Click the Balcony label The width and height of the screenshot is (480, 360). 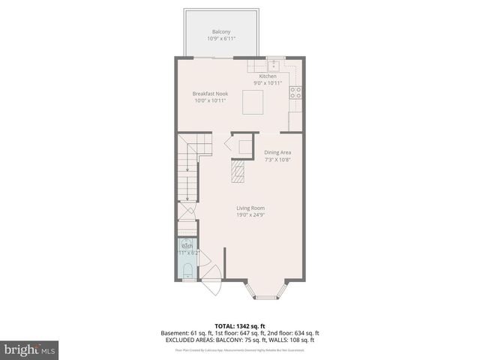[x=220, y=31]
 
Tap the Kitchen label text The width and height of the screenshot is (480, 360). [x=268, y=76]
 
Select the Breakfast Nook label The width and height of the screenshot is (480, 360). [x=211, y=92]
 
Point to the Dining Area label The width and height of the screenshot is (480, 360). [x=277, y=152]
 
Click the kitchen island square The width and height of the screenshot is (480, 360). [x=253, y=100]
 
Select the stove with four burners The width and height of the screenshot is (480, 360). [x=295, y=93]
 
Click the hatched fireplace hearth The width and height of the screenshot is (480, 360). [x=238, y=174]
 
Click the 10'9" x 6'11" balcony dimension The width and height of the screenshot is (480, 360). [x=220, y=38]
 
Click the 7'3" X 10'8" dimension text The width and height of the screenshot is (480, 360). [x=277, y=159]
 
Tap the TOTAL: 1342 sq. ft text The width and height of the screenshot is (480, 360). [x=239, y=326]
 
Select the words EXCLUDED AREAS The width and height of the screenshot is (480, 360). [x=184, y=339]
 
